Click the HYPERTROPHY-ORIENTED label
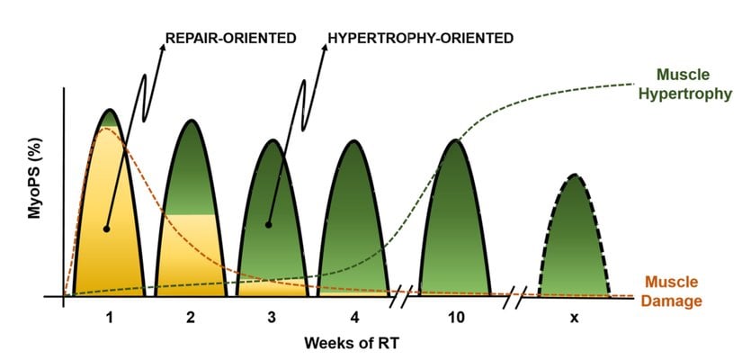421,39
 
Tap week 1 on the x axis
109,318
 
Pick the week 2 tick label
191,318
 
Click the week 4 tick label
354,318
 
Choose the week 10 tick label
455,318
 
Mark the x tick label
574,318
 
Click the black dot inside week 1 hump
106,229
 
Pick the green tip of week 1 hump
109,116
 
